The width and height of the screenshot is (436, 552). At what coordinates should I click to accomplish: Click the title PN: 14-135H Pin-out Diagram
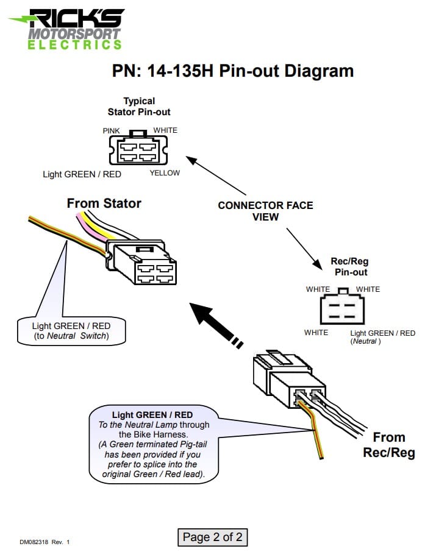click(232, 71)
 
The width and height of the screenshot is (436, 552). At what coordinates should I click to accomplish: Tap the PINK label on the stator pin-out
click(112, 131)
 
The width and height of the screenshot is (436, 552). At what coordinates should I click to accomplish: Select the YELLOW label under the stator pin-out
click(165, 173)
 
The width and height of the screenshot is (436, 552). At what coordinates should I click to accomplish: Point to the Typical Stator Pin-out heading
click(139, 107)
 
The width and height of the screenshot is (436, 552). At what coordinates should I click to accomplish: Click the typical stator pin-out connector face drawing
click(138, 150)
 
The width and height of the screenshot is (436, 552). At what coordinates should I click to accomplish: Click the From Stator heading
click(104, 203)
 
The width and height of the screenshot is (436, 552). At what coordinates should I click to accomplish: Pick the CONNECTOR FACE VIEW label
click(265, 211)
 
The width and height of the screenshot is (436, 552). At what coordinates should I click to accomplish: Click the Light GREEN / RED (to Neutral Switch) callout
click(71, 331)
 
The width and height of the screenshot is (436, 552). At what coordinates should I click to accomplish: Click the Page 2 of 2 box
click(213, 537)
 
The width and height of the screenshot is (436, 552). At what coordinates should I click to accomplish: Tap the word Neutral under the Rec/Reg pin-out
click(366, 342)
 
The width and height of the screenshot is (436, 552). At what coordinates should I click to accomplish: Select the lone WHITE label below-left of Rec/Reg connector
click(316, 333)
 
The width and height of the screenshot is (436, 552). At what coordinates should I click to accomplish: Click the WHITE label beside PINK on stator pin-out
click(165, 130)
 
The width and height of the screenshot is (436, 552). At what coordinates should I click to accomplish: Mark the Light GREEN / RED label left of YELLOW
click(82, 174)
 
